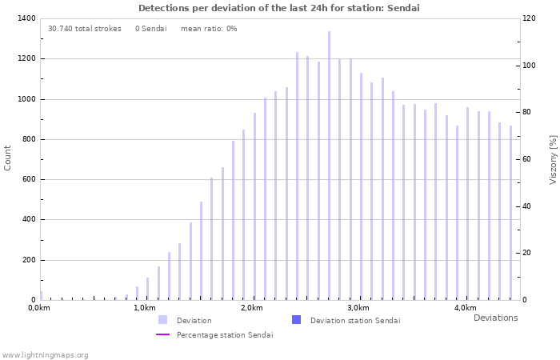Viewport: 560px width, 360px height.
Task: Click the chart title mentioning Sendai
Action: [279, 8]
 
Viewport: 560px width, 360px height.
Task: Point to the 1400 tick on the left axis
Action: [26, 18]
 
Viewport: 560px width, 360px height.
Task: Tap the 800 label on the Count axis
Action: [28, 139]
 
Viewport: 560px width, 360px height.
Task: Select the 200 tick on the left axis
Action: [28, 260]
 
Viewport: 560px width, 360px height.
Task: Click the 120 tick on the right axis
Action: [529, 18]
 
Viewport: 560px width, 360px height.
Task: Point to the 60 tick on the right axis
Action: [526, 159]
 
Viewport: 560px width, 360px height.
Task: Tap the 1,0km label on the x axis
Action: [144, 308]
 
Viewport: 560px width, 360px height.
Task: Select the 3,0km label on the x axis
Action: [358, 308]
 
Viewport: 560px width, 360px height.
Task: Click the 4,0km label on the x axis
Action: [465, 308]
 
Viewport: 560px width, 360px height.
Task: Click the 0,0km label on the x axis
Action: [38, 308]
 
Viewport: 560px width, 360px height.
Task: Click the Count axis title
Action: [8, 158]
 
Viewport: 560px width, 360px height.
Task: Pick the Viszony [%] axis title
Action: [553, 159]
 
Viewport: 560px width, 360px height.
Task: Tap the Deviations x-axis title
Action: [495, 318]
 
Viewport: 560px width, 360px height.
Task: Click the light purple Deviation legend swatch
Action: [163, 320]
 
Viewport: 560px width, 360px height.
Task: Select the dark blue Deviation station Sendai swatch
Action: [297, 320]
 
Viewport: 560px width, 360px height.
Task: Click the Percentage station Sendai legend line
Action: [163, 334]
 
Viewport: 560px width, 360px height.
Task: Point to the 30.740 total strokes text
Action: [84, 29]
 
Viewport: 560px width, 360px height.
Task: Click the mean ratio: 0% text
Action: [209, 29]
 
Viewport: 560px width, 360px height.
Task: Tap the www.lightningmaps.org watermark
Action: [45, 354]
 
